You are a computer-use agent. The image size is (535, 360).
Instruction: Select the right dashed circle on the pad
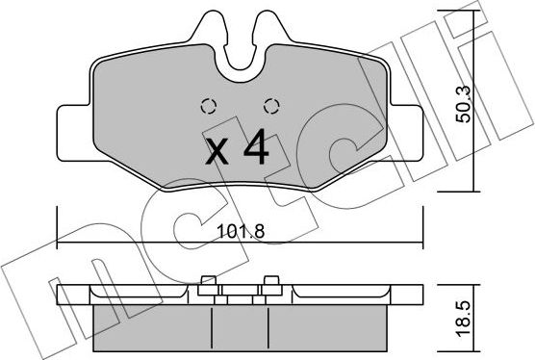point(270,107)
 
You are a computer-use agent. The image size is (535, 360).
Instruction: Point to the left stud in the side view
point(207,283)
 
